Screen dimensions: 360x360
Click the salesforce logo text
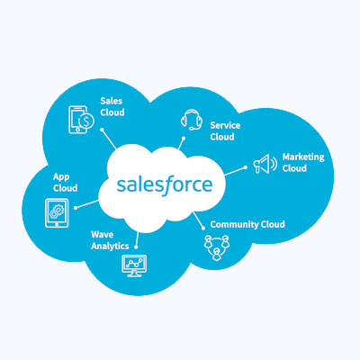[x=165, y=185]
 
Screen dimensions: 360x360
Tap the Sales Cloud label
[x=112, y=106]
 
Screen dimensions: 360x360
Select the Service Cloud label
[x=225, y=130]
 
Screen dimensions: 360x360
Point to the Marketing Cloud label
[x=303, y=162]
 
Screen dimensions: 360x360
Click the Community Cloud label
[x=247, y=224]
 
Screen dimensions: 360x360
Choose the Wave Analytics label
[x=110, y=240]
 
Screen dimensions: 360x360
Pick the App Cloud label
[x=65, y=183]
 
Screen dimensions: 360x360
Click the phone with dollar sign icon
[x=81, y=120]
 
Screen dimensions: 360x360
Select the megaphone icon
[x=265, y=164]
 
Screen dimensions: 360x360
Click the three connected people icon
[x=216, y=247]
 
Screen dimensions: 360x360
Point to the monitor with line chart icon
[x=134, y=265]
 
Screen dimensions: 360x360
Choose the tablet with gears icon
[x=57, y=213]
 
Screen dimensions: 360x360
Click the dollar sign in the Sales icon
[x=86, y=121]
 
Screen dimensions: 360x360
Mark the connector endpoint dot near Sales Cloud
[x=102, y=130]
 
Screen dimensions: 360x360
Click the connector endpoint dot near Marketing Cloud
[x=246, y=167]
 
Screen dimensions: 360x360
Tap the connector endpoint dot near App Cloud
[x=76, y=208]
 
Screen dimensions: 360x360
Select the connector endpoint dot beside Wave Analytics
[x=136, y=247]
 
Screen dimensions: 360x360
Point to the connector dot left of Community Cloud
[x=203, y=229]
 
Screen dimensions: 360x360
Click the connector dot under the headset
[x=184, y=139]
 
